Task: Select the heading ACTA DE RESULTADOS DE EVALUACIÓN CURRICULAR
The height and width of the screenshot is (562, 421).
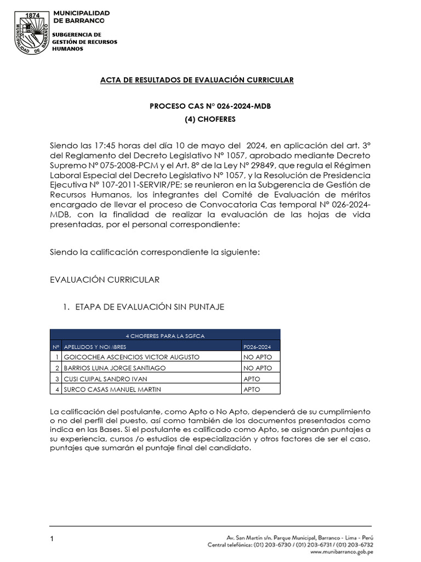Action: pos(196,80)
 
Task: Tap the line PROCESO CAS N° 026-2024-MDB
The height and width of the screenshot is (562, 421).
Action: pos(210,106)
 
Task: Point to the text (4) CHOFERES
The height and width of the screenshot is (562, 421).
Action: pos(210,119)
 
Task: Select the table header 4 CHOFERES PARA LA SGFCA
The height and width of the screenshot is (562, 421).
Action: pos(165,335)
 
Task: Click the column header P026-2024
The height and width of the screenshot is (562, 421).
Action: pos(257,346)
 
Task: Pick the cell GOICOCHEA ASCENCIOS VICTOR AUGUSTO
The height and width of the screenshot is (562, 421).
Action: pos(124,357)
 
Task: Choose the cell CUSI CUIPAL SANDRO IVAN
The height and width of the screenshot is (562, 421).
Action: pos(106,379)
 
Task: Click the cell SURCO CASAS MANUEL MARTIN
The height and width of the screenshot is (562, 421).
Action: pos(113,390)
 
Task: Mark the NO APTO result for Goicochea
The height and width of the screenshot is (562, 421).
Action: pos(257,357)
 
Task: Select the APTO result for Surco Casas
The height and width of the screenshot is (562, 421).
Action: pos(252,390)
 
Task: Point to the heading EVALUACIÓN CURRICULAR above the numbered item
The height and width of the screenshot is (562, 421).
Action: pos(105,280)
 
